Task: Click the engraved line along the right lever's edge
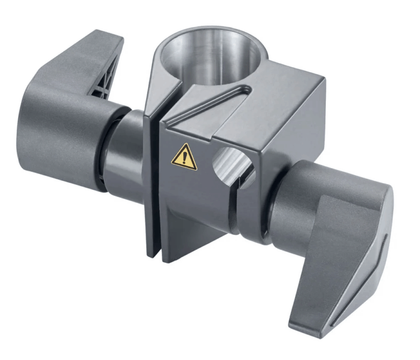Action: click(377, 257)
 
